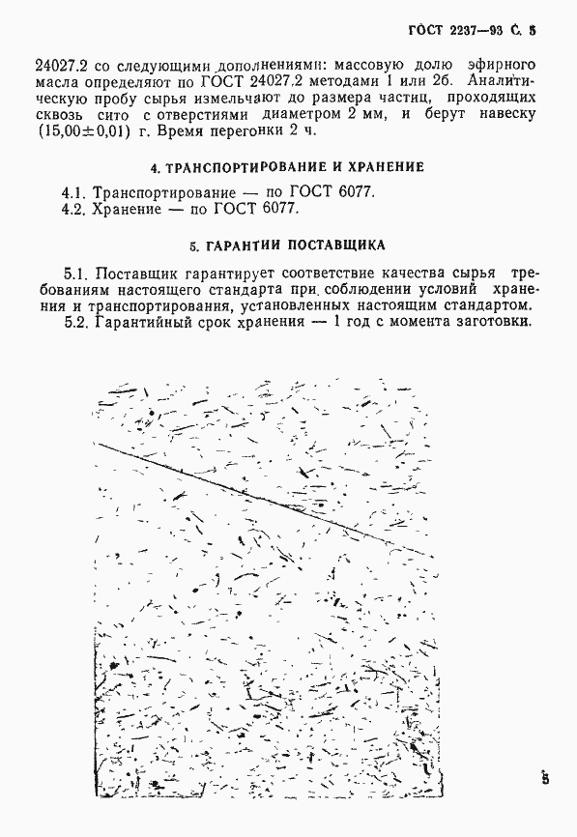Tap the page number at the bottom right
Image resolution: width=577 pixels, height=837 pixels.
pyautogui.click(x=545, y=777)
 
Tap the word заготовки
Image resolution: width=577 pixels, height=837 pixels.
pyautogui.click(x=491, y=325)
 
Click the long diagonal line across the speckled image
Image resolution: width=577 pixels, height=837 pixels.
pyautogui.click(x=261, y=501)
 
